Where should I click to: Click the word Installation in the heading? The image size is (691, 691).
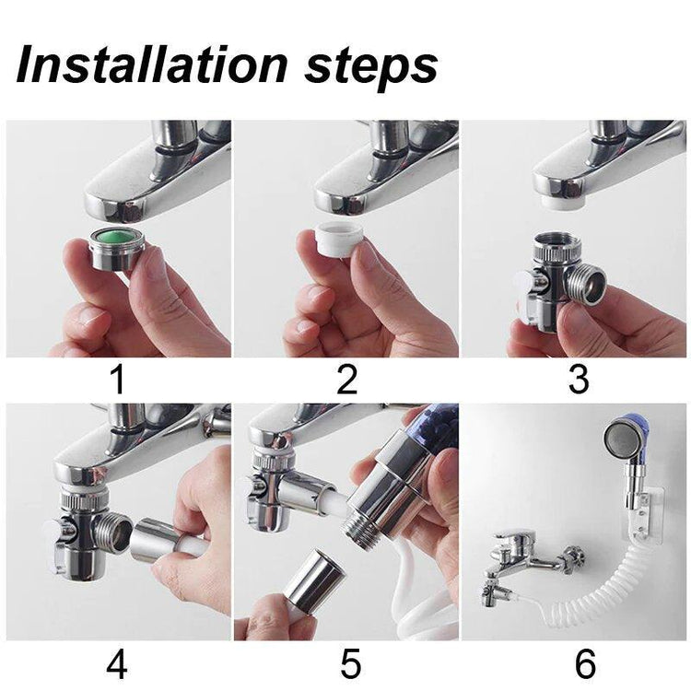point(152,66)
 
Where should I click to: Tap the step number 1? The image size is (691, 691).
point(118,380)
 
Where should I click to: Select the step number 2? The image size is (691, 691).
point(346,380)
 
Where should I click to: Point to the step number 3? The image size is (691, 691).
point(579,380)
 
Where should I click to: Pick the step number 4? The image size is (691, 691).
point(117,664)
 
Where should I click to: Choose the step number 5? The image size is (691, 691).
point(350,664)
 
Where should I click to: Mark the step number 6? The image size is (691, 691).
point(585,664)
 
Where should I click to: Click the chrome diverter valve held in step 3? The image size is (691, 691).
point(560,279)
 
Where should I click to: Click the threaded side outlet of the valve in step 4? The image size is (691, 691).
point(115,533)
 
